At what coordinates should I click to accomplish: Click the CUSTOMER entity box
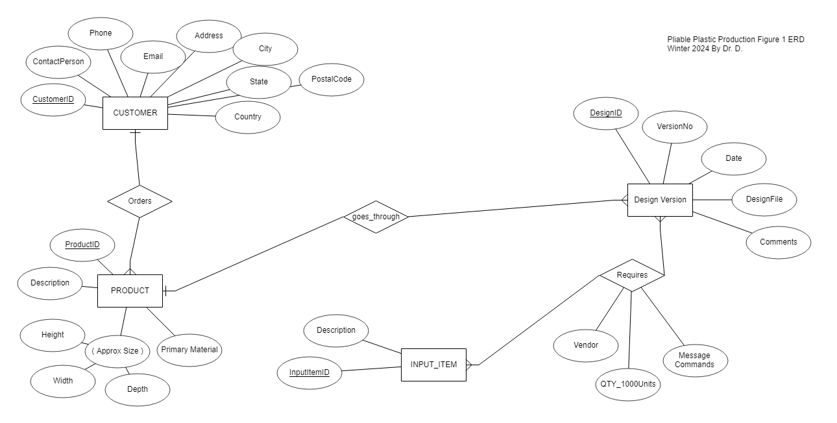click(x=135, y=113)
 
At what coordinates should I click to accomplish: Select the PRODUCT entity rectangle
click(x=130, y=291)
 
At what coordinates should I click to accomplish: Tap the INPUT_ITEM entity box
click(x=433, y=365)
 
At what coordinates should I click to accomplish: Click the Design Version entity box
click(x=660, y=200)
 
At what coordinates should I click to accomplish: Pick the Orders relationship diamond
click(x=139, y=201)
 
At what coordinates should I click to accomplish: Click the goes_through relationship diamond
click(x=376, y=217)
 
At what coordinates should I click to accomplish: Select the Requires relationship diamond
click(x=631, y=275)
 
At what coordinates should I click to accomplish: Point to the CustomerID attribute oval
click(x=53, y=100)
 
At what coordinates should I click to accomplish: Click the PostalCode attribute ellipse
click(x=332, y=79)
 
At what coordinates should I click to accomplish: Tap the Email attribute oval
click(x=153, y=56)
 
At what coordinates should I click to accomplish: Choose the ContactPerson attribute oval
click(x=58, y=62)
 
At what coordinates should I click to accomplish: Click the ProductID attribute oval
click(x=83, y=245)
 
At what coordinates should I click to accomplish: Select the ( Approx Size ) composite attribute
click(x=117, y=351)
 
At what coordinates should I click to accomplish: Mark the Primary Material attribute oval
click(x=189, y=350)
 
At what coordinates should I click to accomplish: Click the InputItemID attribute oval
click(x=309, y=372)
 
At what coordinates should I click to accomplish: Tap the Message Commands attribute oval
click(x=695, y=360)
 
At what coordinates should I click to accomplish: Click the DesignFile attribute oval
click(x=764, y=200)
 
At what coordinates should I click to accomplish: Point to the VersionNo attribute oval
click(x=674, y=127)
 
